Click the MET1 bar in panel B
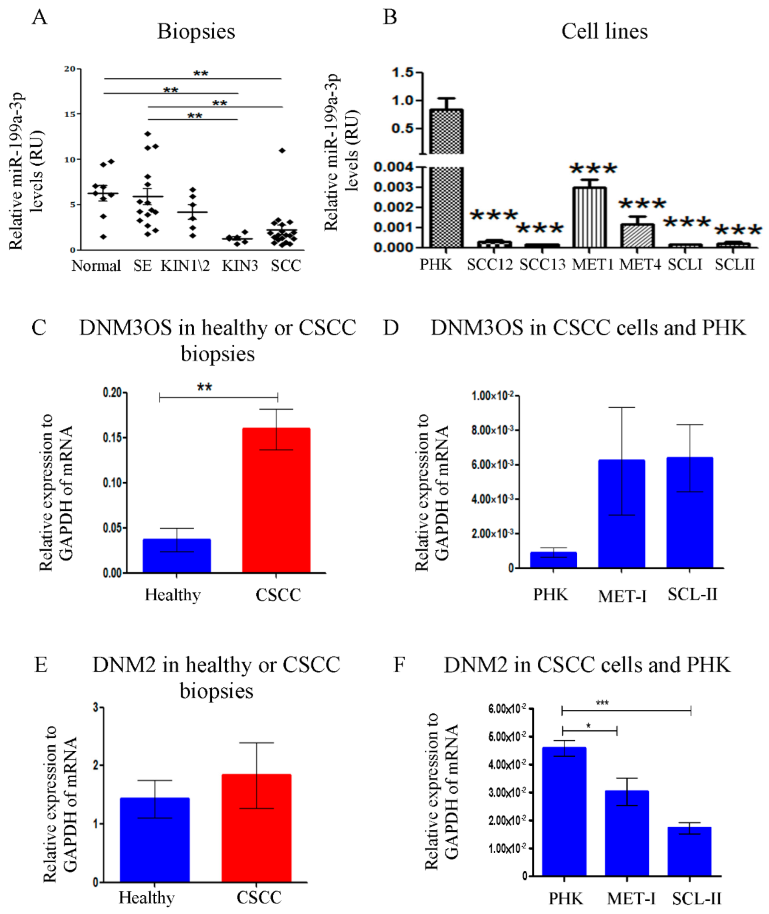(589, 218)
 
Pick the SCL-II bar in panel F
(689, 851)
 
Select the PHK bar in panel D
(553, 560)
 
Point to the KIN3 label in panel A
(240, 266)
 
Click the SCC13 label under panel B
(542, 264)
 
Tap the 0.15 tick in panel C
(112, 437)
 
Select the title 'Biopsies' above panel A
(196, 32)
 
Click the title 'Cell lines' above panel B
(604, 32)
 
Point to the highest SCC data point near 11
(282, 150)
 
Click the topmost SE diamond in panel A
(148, 134)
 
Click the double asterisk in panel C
(204, 387)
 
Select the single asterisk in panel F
(588, 726)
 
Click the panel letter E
(41, 665)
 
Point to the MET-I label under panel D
(621, 596)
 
